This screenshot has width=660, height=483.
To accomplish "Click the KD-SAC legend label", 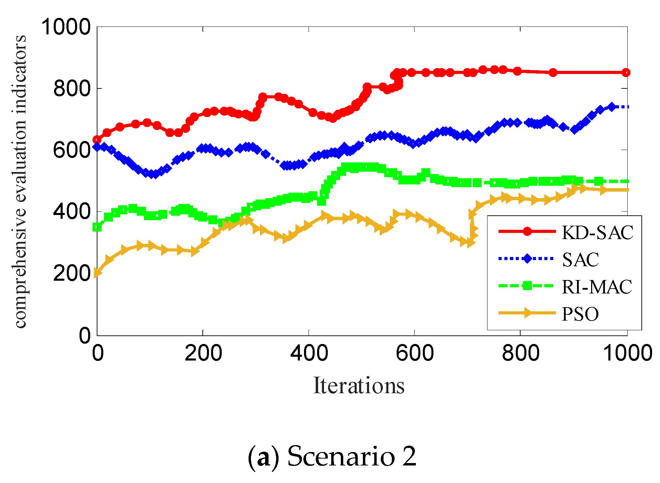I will (x=597, y=233).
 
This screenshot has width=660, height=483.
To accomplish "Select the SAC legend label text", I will (x=580, y=260).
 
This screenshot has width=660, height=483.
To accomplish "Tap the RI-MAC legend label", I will (x=597, y=287).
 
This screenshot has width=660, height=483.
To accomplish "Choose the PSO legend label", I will (x=580, y=314).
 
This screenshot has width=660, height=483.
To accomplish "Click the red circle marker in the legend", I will (x=527, y=232).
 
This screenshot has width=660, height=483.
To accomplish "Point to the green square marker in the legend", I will (x=527, y=286).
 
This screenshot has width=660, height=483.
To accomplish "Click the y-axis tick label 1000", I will (x=66, y=27).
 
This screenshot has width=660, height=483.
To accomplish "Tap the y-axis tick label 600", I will (x=72, y=150).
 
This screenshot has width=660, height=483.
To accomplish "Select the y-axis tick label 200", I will (x=72, y=274).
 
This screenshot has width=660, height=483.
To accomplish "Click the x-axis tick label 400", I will (x=309, y=353).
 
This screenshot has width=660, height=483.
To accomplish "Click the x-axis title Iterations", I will (x=359, y=386).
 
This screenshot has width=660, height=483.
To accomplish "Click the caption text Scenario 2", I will (x=352, y=456).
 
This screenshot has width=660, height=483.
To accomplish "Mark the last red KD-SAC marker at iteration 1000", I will (x=626, y=73).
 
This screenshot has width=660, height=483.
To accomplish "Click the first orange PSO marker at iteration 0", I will (x=97, y=273).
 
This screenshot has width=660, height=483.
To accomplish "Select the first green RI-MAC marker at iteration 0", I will (x=97, y=227).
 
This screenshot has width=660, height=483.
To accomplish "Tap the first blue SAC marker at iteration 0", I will (x=97, y=147).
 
